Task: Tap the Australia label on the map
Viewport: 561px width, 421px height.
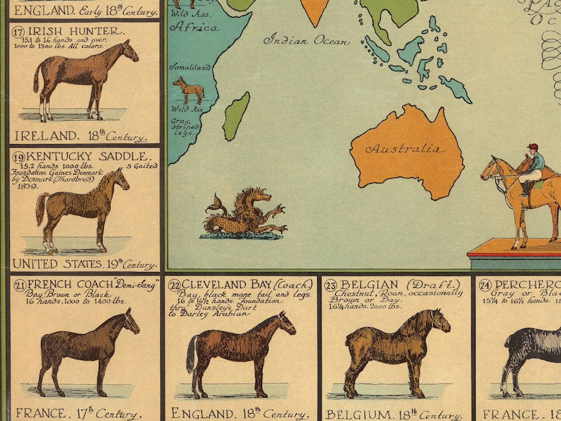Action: (405, 150)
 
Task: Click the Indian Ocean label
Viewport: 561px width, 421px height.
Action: (306, 41)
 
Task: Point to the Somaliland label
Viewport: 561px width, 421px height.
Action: (189, 67)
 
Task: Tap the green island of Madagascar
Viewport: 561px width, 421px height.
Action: (237, 115)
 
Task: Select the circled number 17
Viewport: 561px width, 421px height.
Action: (19, 31)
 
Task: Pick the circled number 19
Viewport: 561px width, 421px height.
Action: (19, 155)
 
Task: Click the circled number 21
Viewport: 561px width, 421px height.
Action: (19, 285)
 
